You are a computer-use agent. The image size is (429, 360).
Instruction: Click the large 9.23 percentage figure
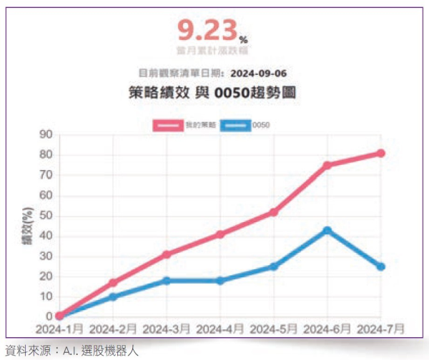[x=206, y=31]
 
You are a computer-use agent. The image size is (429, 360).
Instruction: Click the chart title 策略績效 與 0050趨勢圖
[x=210, y=93]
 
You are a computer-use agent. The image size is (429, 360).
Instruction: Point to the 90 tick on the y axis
[x=48, y=134]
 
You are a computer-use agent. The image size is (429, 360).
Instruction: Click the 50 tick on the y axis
[x=48, y=216]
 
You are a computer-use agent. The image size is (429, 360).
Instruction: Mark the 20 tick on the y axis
[x=48, y=276]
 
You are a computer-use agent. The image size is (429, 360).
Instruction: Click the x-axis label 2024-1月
[x=60, y=329]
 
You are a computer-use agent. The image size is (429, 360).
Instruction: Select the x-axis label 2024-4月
[x=220, y=329]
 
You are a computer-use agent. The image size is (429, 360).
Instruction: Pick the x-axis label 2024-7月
[x=380, y=329]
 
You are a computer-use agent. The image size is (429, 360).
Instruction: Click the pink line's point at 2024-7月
[x=381, y=153]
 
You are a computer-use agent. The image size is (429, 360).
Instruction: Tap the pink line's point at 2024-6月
[x=327, y=165]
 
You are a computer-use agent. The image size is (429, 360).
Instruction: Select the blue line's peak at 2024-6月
[x=327, y=230]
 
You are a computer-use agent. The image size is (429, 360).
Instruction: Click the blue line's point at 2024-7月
[x=381, y=266]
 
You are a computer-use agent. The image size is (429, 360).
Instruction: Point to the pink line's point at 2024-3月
[x=167, y=254]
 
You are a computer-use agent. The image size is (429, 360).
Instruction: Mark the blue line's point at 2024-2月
[x=113, y=296]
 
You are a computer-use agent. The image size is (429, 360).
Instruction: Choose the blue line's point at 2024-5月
[x=274, y=266]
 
